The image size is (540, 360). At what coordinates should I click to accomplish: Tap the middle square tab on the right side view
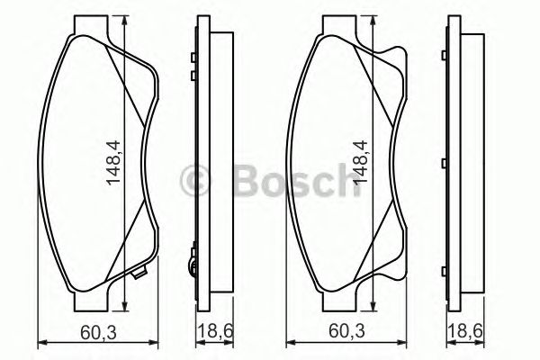(445, 163)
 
